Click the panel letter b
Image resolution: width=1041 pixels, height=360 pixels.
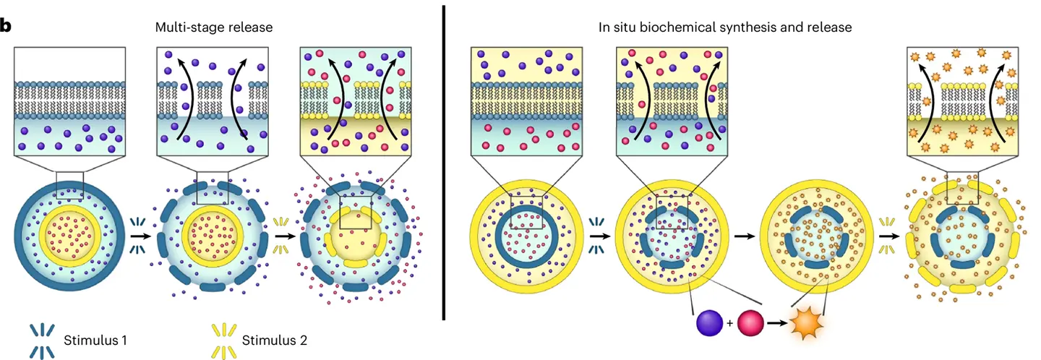[x=5, y=27]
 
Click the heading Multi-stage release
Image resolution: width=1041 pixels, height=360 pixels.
[x=214, y=27]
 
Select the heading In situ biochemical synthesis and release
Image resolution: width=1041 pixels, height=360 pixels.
[x=725, y=27]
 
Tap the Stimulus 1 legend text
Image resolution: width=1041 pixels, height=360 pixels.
[x=95, y=340]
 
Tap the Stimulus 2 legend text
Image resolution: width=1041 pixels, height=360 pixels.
[x=274, y=340]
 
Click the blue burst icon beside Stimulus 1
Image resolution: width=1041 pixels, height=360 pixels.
[x=42, y=341]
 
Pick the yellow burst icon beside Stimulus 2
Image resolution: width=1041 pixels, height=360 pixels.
[x=224, y=341]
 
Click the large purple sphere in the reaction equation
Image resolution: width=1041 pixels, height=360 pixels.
[x=710, y=322]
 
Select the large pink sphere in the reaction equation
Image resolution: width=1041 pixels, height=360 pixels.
[x=750, y=322]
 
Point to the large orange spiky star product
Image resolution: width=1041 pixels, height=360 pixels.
[x=807, y=322]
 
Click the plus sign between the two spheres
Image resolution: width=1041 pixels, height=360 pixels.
[x=730, y=323]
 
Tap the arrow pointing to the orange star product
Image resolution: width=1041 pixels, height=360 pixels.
[x=778, y=322]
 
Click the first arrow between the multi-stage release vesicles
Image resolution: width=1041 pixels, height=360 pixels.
[x=141, y=236]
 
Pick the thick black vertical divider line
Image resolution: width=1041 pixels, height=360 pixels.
[x=444, y=163]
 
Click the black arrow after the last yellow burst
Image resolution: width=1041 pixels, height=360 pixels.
[x=889, y=236]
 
